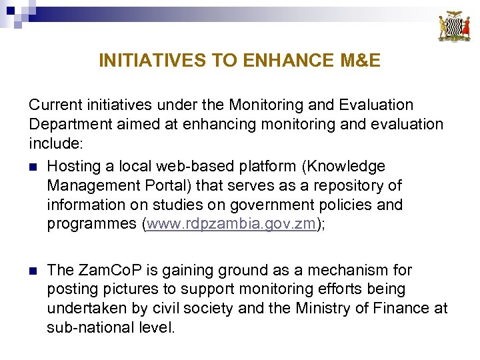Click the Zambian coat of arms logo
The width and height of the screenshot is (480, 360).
tap(453, 26)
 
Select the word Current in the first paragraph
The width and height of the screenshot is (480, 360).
tap(55, 105)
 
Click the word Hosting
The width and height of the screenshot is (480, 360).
tap(75, 166)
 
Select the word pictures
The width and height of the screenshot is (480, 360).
tap(123, 289)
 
